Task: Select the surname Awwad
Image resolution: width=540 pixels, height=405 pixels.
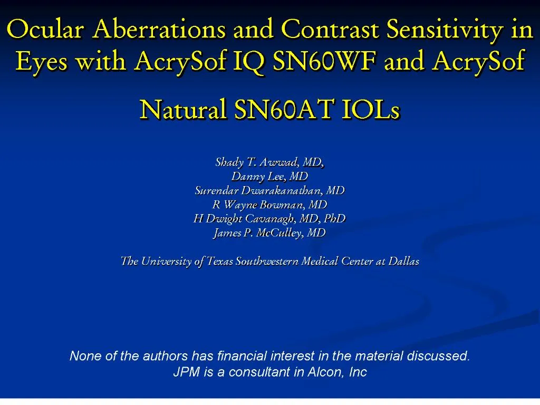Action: click(280, 162)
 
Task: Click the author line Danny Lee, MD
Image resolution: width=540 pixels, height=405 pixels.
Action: click(269, 176)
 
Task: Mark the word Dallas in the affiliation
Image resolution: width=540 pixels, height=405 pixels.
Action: click(403, 261)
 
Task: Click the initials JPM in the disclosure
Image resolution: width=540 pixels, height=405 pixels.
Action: click(186, 372)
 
